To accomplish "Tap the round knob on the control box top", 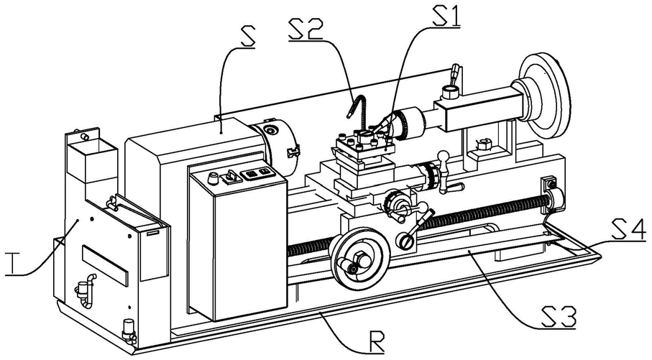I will coord(211,178).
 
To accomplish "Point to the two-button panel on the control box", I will coord(258,172).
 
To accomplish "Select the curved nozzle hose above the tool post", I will coord(357,108).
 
